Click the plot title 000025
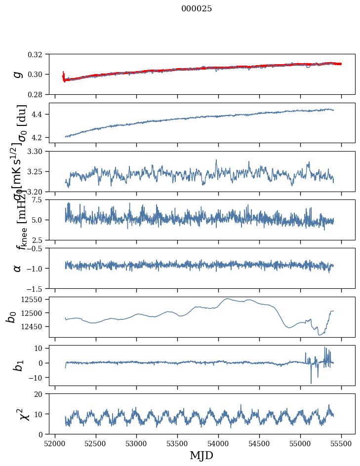tap(197, 9)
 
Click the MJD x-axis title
tap(201, 455)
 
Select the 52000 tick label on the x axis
tap(55, 443)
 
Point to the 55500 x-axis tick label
tap(341, 443)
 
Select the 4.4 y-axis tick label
tap(41, 115)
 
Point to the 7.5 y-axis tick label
tap(41, 200)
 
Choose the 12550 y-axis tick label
tap(35, 300)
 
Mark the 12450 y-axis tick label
tap(35, 327)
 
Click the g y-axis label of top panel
tap(18, 74)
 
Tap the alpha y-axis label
tap(18, 268)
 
